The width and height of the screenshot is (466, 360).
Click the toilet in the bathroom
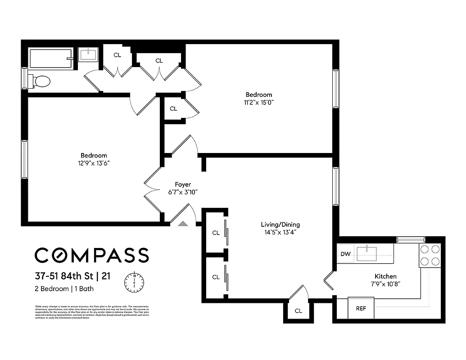41,81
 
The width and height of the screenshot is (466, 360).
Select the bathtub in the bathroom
51,58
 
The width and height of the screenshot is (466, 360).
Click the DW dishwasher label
345,254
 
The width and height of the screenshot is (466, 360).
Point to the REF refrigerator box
361,309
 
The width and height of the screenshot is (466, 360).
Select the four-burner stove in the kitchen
430,255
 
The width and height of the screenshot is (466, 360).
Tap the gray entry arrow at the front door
183,223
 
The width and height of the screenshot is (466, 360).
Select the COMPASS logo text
92,255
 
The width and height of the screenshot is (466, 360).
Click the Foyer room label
183,184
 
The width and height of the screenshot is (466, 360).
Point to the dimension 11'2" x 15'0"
259,102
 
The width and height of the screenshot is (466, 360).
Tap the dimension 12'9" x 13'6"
94,163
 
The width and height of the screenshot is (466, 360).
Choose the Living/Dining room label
280,225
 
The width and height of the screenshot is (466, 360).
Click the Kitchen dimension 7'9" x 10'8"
385,284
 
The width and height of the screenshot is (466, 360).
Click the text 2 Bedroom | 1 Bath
64,289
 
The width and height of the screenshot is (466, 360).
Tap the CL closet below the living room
298,311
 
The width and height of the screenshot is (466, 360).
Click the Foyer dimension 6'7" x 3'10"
183,192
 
